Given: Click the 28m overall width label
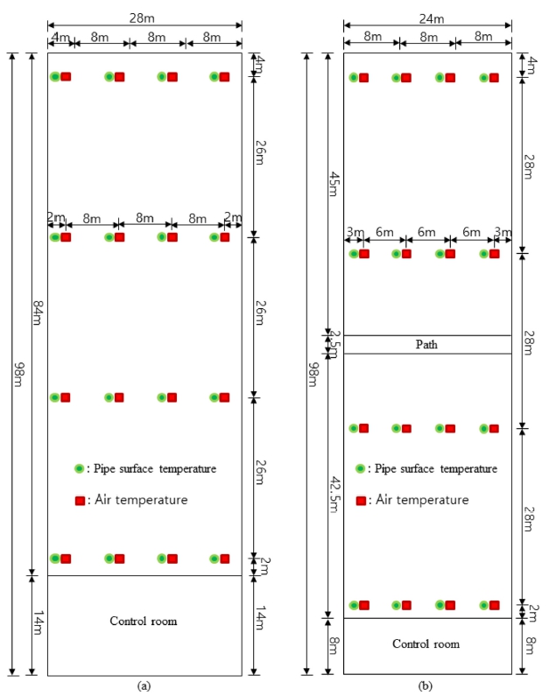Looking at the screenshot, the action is (142, 18).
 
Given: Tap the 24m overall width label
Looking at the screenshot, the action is (432, 18).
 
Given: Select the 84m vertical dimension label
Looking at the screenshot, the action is (39, 313).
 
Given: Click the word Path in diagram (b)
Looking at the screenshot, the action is (426, 344).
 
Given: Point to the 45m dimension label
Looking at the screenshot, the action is (334, 184).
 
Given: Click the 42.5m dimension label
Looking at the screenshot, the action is (334, 495).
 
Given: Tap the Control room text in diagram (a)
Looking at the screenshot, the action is (144, 621).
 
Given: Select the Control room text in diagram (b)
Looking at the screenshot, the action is (426, 644).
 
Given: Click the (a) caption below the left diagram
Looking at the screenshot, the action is (144, 685).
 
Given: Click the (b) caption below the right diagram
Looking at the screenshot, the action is (426, 685).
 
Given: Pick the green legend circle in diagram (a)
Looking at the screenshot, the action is (80, 468).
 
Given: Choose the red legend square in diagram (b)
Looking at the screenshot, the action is (362, 501).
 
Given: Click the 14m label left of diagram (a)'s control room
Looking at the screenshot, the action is (39, 622).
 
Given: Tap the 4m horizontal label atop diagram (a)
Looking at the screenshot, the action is (60, 37).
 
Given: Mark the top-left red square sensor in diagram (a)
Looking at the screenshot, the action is (66, 77).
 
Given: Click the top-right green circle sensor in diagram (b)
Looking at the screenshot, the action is (484, 78).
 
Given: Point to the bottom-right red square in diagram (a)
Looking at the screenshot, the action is (225, 559).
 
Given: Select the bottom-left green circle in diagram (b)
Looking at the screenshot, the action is (354, 606).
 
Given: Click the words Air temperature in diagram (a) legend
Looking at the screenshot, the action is (141, 500).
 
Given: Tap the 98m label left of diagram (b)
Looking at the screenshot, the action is (313, 375).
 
